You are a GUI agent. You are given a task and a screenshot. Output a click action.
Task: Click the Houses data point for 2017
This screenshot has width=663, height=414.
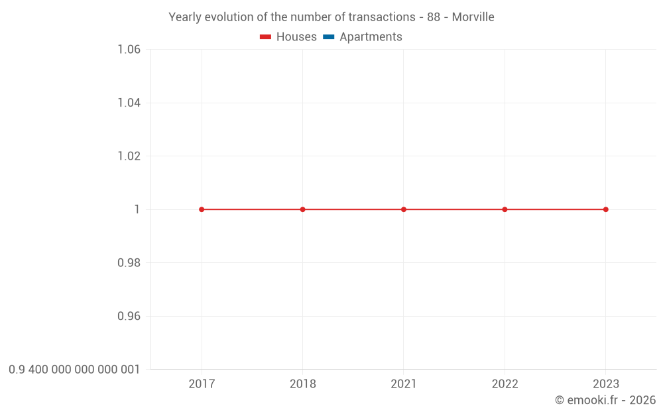202,209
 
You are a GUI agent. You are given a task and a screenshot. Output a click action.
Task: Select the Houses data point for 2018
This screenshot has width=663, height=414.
302,209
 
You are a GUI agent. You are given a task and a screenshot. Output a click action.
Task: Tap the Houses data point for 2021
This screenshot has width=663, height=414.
404,209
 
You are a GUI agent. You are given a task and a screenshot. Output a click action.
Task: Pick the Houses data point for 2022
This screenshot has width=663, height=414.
505,209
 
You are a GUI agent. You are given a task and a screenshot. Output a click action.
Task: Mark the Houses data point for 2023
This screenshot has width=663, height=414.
605,209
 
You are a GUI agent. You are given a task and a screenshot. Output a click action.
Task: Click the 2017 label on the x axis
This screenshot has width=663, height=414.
202,384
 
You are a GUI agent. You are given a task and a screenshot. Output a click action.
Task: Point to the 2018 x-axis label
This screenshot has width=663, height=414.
302,384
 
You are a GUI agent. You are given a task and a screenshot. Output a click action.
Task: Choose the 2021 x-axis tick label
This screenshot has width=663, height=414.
404,384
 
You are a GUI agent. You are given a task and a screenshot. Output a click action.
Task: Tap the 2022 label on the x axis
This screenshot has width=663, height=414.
505,384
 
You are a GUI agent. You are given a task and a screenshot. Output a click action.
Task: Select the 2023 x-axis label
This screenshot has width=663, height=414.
605,384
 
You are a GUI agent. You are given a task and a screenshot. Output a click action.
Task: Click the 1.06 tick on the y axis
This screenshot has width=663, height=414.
129,50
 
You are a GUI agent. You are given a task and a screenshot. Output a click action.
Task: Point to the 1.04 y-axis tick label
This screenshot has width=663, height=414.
129,103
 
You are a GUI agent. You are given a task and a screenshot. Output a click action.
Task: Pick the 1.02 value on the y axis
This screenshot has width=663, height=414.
129,156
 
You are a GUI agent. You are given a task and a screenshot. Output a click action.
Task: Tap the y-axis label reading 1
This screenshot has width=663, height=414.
137,209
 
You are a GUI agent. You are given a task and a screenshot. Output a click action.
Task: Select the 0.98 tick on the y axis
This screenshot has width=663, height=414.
129,263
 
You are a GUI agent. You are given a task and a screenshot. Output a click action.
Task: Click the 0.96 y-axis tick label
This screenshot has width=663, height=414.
129,316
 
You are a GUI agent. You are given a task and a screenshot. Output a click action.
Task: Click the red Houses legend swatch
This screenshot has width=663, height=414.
265,37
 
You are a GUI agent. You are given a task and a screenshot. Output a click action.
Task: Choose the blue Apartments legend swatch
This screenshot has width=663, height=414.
328,37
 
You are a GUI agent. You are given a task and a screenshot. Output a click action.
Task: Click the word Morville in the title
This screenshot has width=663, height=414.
473,17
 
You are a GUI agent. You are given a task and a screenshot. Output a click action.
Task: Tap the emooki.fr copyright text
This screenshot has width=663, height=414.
605,400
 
